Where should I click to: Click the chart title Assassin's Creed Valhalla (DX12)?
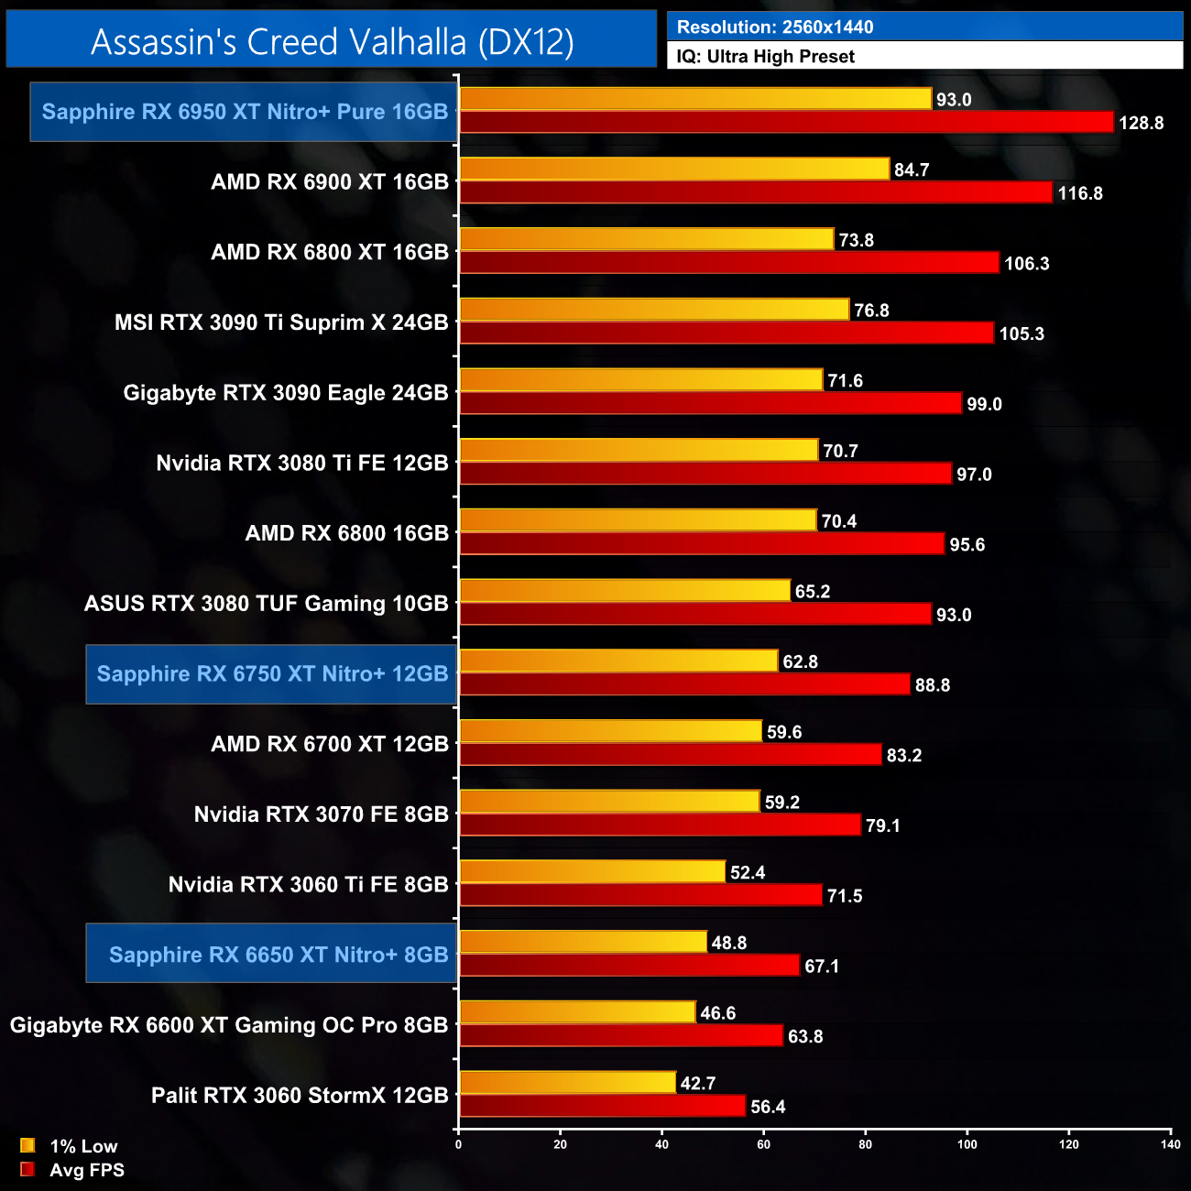(x=332, y=42)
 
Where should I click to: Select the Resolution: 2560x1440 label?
(x=775, y=27)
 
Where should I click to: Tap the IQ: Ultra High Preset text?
(x=765, y=57)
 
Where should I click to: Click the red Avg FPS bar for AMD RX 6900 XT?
(x=756, y=192)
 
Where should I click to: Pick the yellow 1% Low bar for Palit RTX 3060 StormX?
(x=568, y=1083)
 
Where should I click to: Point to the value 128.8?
(x=1141, y=123)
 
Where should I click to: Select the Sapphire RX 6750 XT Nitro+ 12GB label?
(x=272, y=674)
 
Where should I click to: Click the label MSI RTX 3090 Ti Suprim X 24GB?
(x=281, y=322)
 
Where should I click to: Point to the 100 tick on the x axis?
(x=967, y=1143)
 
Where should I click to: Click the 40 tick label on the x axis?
(x=662, y=1143)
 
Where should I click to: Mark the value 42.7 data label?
(x=698, y=1084)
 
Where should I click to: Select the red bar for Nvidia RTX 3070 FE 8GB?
(x=661, y=825)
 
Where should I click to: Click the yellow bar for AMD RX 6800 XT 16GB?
(x=647, y=240)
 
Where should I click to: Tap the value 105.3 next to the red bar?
(x=1022, y=333)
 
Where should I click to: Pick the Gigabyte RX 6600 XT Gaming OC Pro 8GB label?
(x=229, y=1025)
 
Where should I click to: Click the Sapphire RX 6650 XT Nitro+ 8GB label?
(x=279, y=955)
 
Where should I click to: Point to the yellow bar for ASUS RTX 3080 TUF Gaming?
(x=625, y=591)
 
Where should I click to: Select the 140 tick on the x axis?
(x=1170, y=1143)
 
